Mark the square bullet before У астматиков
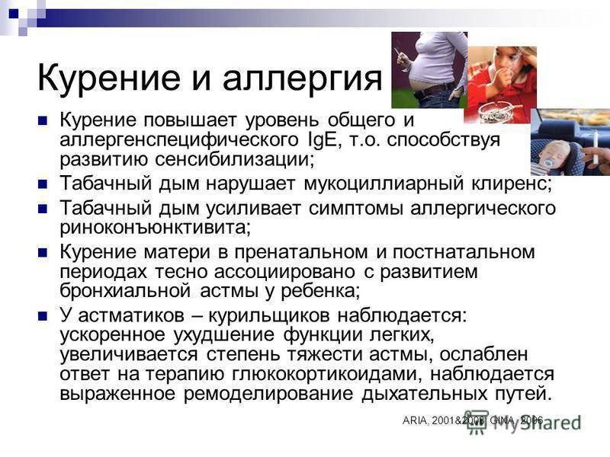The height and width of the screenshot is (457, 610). (x=43, y=316)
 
